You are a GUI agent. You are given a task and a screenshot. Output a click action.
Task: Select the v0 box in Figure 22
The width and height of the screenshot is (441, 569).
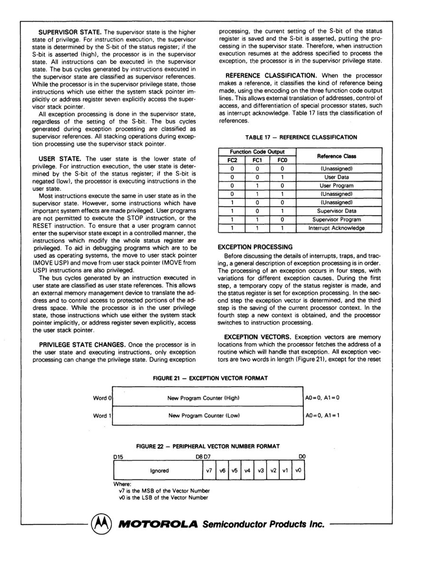point(298,471)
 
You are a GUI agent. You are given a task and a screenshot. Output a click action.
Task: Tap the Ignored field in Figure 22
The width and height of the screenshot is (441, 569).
point(159,471)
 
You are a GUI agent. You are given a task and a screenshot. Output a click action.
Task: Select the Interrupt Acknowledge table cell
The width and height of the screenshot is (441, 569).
point(338,228)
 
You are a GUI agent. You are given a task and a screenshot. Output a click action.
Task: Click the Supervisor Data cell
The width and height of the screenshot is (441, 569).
point(338,211)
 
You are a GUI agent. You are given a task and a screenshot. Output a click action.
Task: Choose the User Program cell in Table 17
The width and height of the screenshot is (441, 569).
point(338,185)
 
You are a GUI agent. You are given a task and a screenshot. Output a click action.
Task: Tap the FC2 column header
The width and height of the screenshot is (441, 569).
point(232,160)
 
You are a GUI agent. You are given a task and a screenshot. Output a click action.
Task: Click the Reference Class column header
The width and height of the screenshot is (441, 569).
point(338,156)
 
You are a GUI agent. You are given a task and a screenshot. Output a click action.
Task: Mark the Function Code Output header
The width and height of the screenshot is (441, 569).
point(257,152)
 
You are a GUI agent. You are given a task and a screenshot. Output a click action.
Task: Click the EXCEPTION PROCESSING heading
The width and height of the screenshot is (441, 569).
point(254,247)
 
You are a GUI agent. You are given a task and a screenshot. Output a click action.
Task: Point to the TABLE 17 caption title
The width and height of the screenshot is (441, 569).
point(301,137)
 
